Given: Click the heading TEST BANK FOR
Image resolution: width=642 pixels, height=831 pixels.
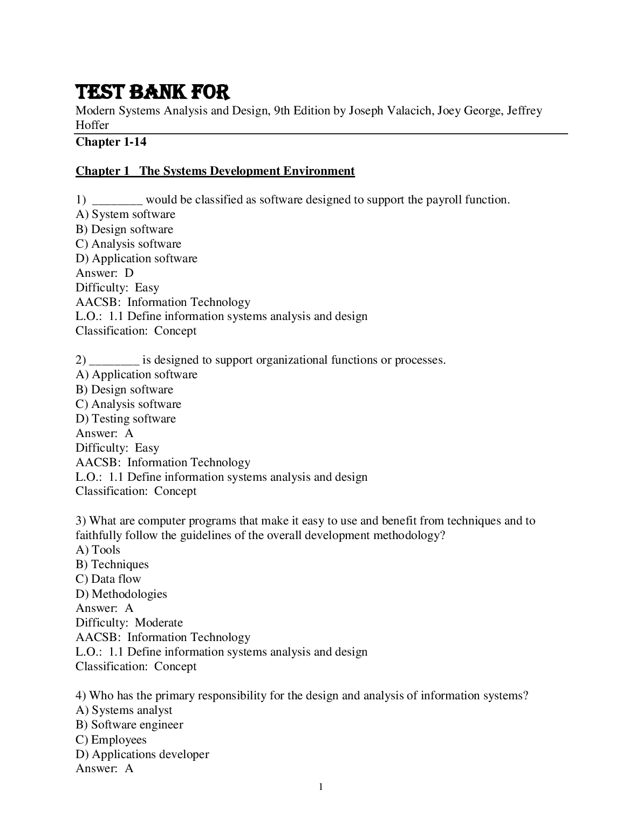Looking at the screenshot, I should point(153,92).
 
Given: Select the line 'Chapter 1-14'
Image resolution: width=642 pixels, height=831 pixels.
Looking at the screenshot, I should point(111,142).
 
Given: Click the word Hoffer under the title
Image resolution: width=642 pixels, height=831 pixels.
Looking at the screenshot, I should point(92,125).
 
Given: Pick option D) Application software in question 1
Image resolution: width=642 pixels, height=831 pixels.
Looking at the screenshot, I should point(136,258).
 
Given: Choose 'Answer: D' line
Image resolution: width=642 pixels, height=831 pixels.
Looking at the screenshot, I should point(105,273).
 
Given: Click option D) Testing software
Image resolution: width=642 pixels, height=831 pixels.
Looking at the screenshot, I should point(126,419).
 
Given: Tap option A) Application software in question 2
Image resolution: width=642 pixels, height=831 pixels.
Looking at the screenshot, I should point(136,374).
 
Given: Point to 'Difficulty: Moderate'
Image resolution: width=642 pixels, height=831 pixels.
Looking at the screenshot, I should point(129,623).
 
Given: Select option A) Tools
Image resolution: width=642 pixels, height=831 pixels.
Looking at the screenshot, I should point(98,550).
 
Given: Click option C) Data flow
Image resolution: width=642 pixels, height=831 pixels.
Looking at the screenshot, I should point(108,579).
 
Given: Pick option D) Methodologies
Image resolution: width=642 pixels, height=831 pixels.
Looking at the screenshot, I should point(121,594).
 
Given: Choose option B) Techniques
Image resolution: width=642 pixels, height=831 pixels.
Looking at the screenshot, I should point(112,564).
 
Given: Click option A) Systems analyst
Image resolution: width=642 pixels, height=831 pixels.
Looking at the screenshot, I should point(124,710).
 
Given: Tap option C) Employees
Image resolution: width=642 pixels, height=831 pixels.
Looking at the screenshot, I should point(111,740).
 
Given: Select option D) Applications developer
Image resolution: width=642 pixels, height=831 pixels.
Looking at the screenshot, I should point(142,754).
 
